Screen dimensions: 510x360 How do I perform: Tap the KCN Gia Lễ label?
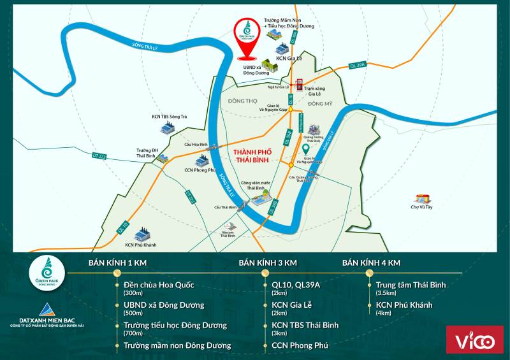tap(290, 57)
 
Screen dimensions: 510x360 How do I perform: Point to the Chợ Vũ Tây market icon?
tap(421, 199)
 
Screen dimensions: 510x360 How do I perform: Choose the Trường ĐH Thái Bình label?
tap(145, 152)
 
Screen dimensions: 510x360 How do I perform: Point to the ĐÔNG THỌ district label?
tap(242, 101)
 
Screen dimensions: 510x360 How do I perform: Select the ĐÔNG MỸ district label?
tap(319, 103)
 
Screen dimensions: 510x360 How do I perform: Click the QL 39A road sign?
tap(358, 64)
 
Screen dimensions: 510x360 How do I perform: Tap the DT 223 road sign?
tap(99, 155)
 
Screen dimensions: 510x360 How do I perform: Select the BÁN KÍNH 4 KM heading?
tap(371, 263)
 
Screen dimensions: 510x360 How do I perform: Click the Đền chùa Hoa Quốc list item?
tap(159, 285)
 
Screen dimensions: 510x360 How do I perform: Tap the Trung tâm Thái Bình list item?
tap(411, 285)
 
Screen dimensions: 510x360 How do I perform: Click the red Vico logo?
tap(474, 340)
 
